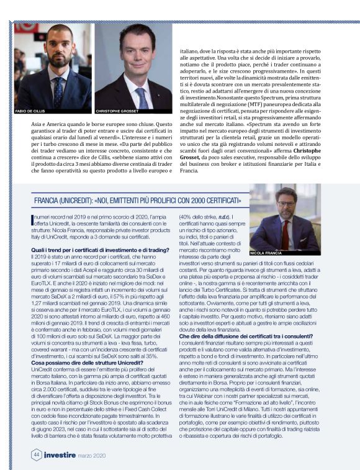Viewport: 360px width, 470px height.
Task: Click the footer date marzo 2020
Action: tap(92, 454)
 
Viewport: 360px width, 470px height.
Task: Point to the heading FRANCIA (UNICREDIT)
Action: tap(69, 201)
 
